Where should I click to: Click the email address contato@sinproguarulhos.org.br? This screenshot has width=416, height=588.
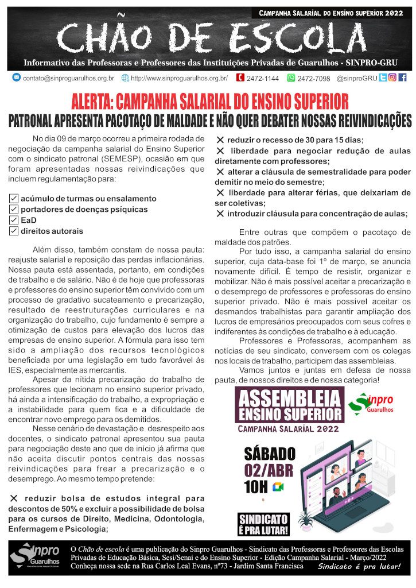pos(68,78)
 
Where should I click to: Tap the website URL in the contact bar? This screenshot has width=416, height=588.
pos(179,78)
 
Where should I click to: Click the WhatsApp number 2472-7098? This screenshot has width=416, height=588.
pos(314,78)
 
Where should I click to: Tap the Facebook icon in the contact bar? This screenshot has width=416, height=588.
pos(402,78)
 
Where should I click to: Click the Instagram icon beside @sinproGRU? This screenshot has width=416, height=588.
pos(392,78)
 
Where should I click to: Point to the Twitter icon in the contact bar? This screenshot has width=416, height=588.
pos(383,78)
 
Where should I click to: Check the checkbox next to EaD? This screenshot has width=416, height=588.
pos(14,220)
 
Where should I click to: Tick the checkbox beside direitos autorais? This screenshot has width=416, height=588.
pos(14,231)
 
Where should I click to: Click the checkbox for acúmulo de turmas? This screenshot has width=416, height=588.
pos(14,198)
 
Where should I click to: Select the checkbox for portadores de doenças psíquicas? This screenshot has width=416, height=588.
pos(14,209)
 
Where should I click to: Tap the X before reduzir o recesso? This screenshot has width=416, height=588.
pos(220,140)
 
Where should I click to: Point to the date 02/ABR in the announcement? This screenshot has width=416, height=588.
pos(269,470)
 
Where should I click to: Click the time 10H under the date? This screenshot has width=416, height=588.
pos(255,488)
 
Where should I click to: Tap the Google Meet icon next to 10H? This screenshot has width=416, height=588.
pos(278,487)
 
